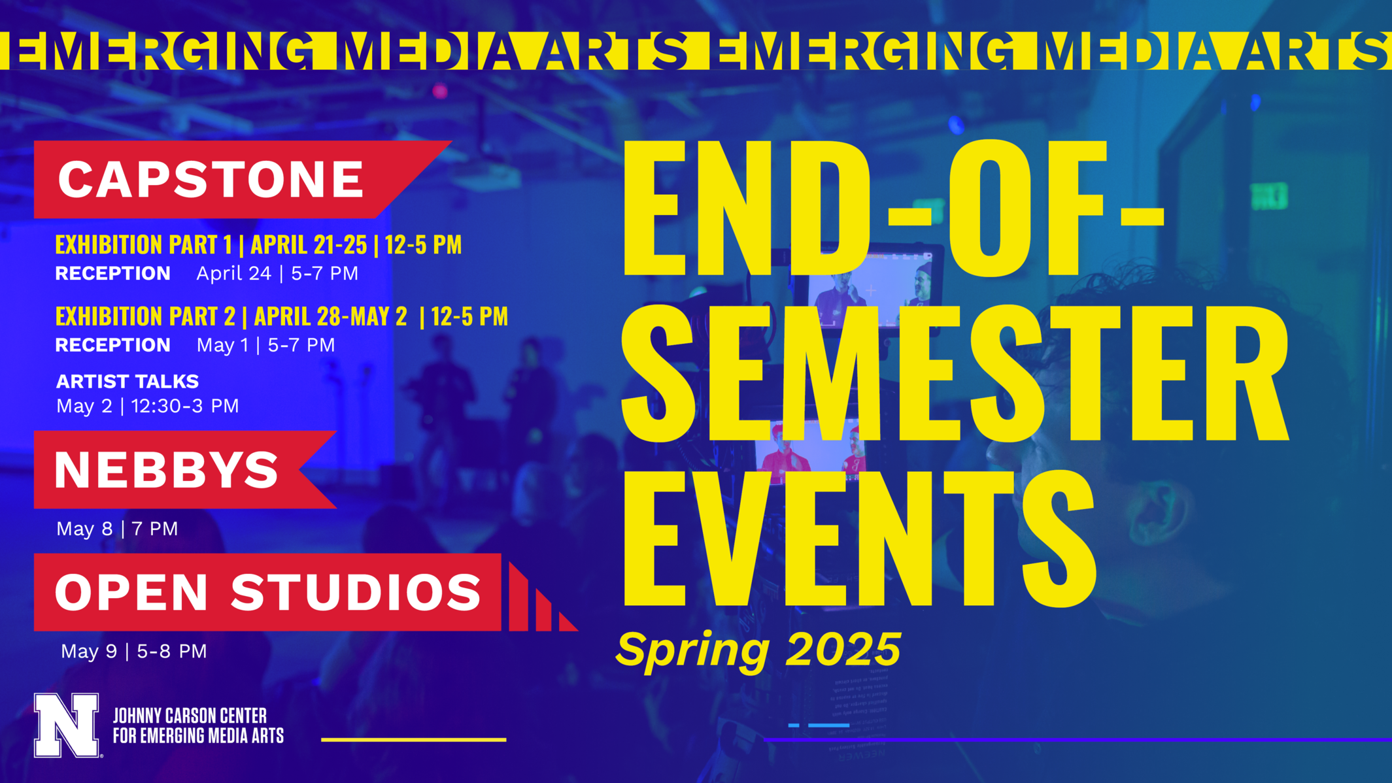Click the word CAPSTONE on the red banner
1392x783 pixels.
tap(211, 180)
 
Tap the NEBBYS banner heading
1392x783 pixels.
tap(167, 470)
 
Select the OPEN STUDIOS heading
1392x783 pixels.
tap(268, 592)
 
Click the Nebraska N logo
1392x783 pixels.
tap(67, 725)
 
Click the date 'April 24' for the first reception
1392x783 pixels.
tap(233, 273)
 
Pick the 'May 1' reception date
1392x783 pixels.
tap(222, 345)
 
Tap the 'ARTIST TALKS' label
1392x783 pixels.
tap(127, 381)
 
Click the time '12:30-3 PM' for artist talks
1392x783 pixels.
tap(185, 406)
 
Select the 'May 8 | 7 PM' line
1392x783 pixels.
tap(117, 528)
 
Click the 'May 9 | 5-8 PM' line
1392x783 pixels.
tap(133, 651)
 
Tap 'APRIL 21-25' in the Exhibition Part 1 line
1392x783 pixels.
tap(309, 244)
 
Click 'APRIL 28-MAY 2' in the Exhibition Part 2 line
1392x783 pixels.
tap(330, 316)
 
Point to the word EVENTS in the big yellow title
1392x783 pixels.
tap(857, 539)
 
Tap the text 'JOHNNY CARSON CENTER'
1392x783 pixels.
tap(190, 715)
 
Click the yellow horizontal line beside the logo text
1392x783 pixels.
tap(413, 740)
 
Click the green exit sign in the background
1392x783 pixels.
tap(1269, 195)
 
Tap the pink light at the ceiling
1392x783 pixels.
tap(440, 91)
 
